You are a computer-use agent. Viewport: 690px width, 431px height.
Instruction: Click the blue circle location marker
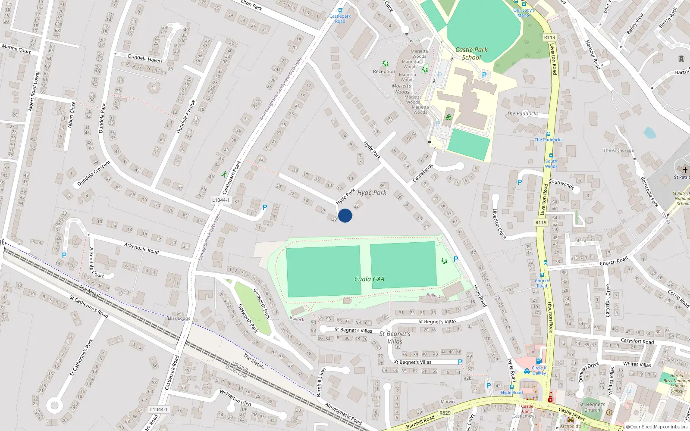coord(345,215)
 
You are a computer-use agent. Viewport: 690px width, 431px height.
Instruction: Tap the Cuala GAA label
coord(369,279)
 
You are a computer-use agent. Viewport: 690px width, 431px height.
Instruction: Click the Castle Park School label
coord(471,53)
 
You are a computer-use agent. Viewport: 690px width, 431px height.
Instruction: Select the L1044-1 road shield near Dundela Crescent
coord(221,200)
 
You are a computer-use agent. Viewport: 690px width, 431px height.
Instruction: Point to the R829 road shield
coord(445,413)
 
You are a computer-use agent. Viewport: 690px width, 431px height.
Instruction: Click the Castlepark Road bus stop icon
coord(340,11)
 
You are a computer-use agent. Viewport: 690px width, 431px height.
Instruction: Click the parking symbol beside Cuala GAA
coord(456,259)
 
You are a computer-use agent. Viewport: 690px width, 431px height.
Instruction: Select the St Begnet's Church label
coord(592,407)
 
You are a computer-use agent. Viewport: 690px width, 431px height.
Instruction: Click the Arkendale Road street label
coord(141,248)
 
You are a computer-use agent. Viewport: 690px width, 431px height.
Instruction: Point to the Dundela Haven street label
coord(145,59)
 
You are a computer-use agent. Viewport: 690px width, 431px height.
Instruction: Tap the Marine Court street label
coord(16,49)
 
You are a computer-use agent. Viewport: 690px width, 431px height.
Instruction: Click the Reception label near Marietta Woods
coord(384,72)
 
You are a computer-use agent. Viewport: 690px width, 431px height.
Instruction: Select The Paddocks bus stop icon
coord(549,134)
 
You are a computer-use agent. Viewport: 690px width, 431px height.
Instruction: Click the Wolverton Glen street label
coord(235,397)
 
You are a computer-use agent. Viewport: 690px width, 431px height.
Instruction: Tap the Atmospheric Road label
coord(343,414)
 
